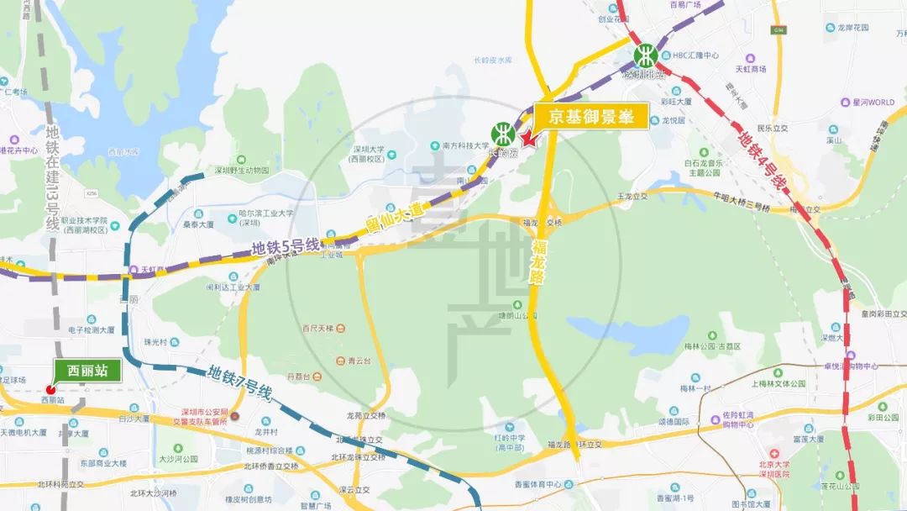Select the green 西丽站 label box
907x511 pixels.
[87, 370]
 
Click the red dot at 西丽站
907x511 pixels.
[50, 389]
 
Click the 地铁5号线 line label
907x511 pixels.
[286, 248]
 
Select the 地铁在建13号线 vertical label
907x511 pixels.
[52, 177]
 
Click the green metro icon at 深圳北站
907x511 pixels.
[645, 56]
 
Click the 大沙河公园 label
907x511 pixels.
[177, 460]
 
